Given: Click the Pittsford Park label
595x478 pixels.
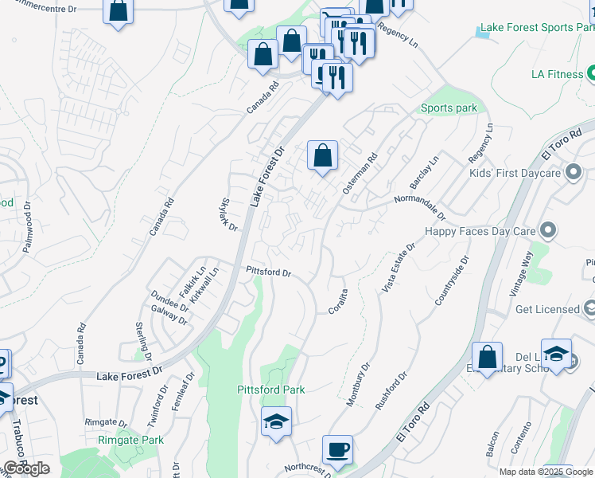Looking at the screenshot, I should tap(271, 390).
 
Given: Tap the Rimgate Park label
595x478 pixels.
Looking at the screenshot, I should tap(130, 440).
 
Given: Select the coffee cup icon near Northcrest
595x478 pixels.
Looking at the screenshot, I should tap(337, 449).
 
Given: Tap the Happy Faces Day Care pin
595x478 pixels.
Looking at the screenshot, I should tap(547, 231).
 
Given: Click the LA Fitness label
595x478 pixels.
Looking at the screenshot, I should tap(557, 74).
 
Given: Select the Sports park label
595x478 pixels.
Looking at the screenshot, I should tap(449, 108).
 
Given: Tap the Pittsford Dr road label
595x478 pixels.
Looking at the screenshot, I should tap(269, 272).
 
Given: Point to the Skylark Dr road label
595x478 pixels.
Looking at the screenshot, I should tap(227, 214).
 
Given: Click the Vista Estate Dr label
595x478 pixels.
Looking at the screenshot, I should tap(397, 268).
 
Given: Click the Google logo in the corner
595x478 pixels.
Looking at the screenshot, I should tap(26, 468).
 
